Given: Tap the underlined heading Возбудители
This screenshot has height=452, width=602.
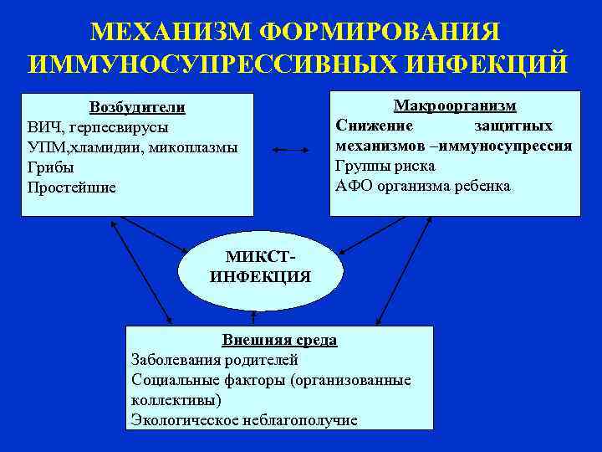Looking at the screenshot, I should coord(137,108).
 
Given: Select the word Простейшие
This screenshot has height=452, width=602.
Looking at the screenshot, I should coord(72,187).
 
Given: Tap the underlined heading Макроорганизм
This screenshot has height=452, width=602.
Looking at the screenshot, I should coord(455,105).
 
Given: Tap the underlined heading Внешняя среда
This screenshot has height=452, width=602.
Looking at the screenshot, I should coord(279,340).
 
